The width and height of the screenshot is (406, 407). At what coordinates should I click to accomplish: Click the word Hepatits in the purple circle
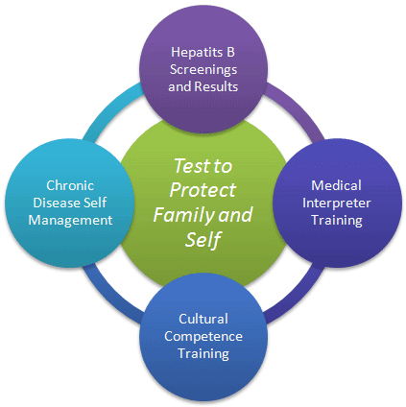click(196, 53)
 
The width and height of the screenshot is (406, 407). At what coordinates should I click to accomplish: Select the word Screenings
click(203, 70)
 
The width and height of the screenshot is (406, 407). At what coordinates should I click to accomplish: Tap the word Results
click(216, 86)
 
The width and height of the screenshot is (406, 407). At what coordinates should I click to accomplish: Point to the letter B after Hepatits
click(230, 52)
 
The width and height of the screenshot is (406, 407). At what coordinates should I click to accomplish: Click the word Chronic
click(70, 185)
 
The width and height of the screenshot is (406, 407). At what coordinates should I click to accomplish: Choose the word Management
click(70, 221)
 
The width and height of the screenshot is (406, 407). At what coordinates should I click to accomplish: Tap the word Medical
click(336, 185)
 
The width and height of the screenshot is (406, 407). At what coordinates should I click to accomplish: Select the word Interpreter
click(337, 203)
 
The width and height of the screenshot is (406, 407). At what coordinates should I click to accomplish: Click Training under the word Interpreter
click(337, 221)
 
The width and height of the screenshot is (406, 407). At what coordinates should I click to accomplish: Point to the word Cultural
click(203, 319)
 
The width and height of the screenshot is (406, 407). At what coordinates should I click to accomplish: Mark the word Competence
click(203, 337)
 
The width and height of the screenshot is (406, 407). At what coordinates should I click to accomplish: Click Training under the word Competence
click(203, 354)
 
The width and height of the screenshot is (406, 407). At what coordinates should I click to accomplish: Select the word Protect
click(203, 190)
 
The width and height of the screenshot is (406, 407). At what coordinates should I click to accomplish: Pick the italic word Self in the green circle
click(203, 240)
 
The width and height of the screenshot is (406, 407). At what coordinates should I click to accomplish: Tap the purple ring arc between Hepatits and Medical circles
click(296, 110)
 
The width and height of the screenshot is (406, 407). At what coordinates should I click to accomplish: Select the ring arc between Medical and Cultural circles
click(297, 296)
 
